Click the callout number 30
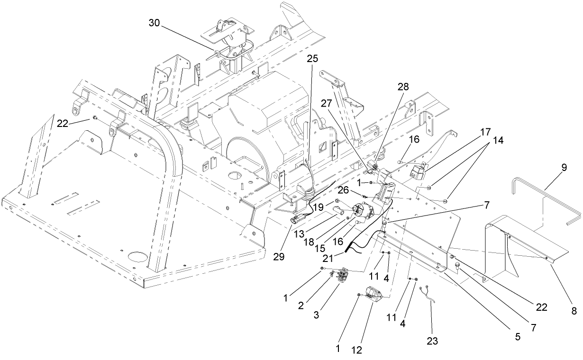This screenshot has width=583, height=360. pos(155,22)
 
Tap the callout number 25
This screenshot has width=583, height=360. pos(312,58)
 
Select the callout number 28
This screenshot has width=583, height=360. pos(403,86)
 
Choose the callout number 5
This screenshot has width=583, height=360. pos(517,337)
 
